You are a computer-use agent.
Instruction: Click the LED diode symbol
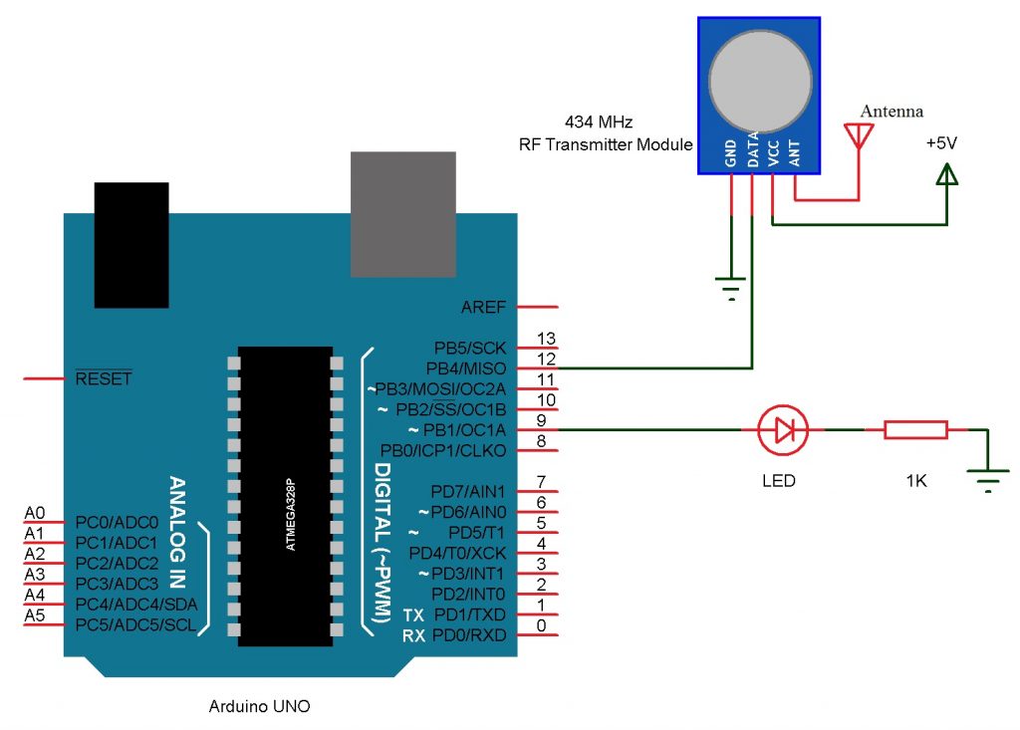coord(782,430)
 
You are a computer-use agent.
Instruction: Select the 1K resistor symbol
coord(915,430)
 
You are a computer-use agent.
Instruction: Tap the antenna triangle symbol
coord(857,135)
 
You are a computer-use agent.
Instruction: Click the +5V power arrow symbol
coord(946,175)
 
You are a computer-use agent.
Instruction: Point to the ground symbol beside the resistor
coord(987,484)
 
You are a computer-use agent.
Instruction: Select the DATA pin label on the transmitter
coord(753,148)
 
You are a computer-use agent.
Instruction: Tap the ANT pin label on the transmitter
coord(795,151)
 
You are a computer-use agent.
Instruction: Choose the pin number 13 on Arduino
coord(545,339)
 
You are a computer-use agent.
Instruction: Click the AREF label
coord(484,307)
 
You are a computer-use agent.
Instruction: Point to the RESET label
coord(104,379)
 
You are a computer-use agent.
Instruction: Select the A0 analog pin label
coord(34,514)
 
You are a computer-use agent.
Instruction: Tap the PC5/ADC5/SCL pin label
coord(135,625)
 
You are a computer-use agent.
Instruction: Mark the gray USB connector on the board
coord(402,214)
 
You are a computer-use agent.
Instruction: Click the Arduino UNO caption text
coord(259,706)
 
